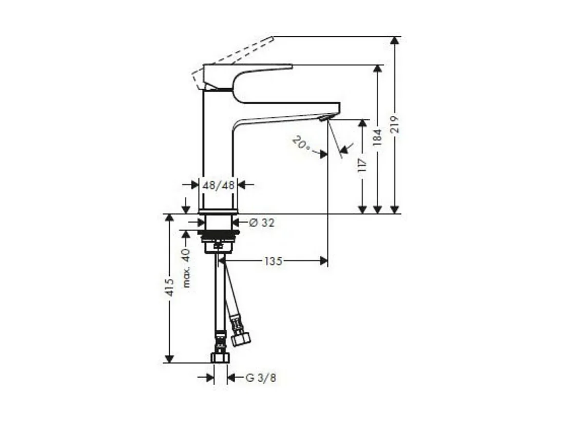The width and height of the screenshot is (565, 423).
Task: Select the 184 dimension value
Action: (378, 137)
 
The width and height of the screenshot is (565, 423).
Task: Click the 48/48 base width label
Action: (218, 185)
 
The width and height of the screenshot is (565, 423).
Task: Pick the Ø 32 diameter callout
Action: (262, 223)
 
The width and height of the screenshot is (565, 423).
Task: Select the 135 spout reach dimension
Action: (273, 261)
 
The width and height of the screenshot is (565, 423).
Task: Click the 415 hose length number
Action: (170, 291)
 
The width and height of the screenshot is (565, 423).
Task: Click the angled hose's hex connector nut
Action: (240, 338)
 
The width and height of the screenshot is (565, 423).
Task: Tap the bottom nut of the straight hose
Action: (220, 357)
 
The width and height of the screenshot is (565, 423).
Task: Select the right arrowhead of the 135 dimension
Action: (324, 261)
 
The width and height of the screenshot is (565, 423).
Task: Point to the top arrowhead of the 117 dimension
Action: (362, 124)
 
